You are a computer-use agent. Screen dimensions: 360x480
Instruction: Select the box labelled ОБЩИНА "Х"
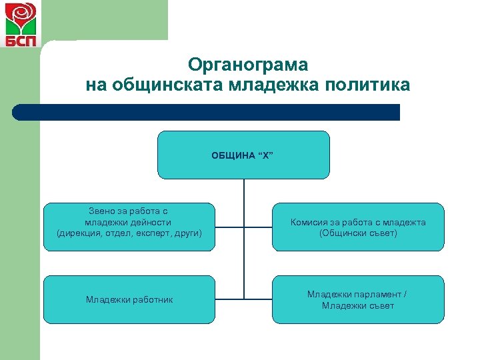243,155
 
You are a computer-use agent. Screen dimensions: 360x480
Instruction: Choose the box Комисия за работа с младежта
358,227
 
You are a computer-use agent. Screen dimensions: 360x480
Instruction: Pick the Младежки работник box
129,299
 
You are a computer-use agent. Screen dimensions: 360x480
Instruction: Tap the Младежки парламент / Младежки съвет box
358,299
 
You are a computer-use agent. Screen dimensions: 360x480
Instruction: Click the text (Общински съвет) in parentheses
358,233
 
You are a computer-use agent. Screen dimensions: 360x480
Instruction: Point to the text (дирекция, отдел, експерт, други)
129,233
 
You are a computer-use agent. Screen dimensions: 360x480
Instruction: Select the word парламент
377,294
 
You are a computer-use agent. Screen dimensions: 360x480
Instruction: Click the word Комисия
308,223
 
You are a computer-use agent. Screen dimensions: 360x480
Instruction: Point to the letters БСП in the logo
21,39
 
